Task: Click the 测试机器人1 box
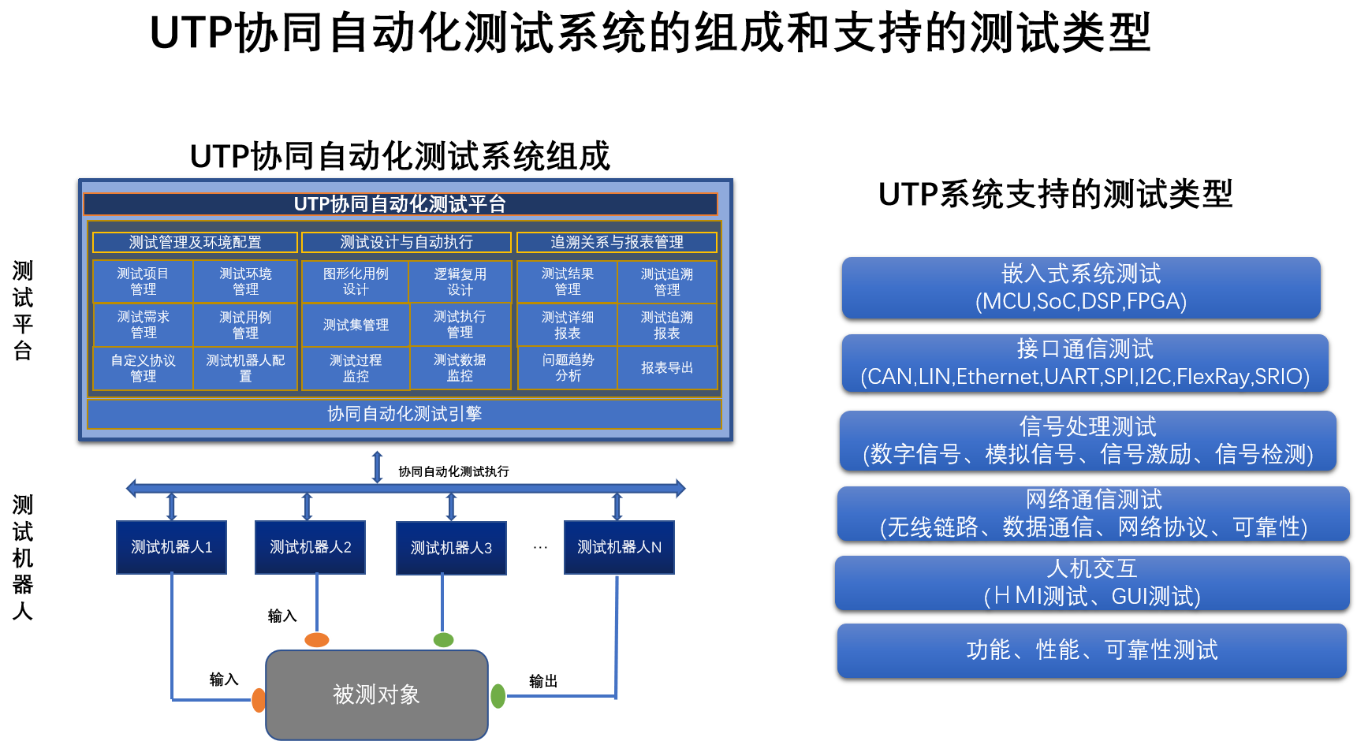pyautogui.click(x=171, y=547)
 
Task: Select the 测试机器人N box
pyautogui.click(x=619, y=547)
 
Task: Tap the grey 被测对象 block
pyautogui.click(x=377, y=694)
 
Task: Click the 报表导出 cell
pyautogui.click(x=667, y=368)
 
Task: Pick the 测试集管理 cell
pyautogui.click(x=356, y=325)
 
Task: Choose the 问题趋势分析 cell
pyautogui.click(x=568, y=368)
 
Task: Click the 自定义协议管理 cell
pyautogui.click(x=143, y=368)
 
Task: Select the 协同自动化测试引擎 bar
pyautogui.click(x=404, y=414)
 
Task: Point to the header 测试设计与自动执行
pyautogui.click(x=406, y=242)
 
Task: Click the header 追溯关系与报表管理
pyautogui.click(x=617, y=242)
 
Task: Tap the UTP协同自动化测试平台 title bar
pyautogui.click(x=401, y=204)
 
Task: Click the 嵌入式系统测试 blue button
pyautogui.click(x=1081, y=288)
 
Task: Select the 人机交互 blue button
pyautogui.click(x=1092, y=583)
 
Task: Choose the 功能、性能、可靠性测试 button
pyautogui.click(x=1092, y=650)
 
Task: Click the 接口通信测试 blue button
pyautogui.click(x=1085, y=363)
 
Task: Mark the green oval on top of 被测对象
pyautogui.click(x=444, y=640)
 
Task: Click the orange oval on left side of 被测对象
pyautogui.click(x=259, y=700)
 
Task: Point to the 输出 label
pyautogui.click(x=543, y=681)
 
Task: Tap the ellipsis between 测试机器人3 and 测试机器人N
pyautogui.click(x=540, y=547)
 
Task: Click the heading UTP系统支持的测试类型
pyautogui.click(x=1056, y=194)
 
